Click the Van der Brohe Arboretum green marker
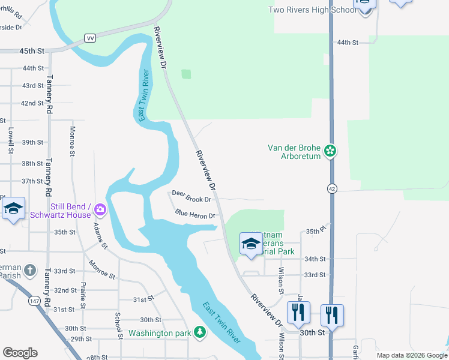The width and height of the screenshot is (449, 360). click(330, 151)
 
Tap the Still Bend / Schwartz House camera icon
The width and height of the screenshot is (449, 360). click(100, 211)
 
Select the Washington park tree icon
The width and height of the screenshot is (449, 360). click(200, 332)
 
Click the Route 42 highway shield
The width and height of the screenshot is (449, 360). click(331, 188)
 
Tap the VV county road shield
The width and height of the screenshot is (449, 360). click(91, 37)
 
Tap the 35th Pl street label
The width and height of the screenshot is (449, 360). click(315, 231)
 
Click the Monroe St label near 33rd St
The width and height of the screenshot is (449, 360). click(101, 268)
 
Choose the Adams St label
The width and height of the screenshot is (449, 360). click(100, 236)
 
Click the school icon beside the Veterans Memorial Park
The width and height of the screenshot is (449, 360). click(251, 243)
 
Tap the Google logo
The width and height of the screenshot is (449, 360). click(20, 353)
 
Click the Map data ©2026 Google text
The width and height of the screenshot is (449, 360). click(411, 355)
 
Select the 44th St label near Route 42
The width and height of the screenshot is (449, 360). click(347, 43)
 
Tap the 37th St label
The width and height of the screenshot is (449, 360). click(32, 181)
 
